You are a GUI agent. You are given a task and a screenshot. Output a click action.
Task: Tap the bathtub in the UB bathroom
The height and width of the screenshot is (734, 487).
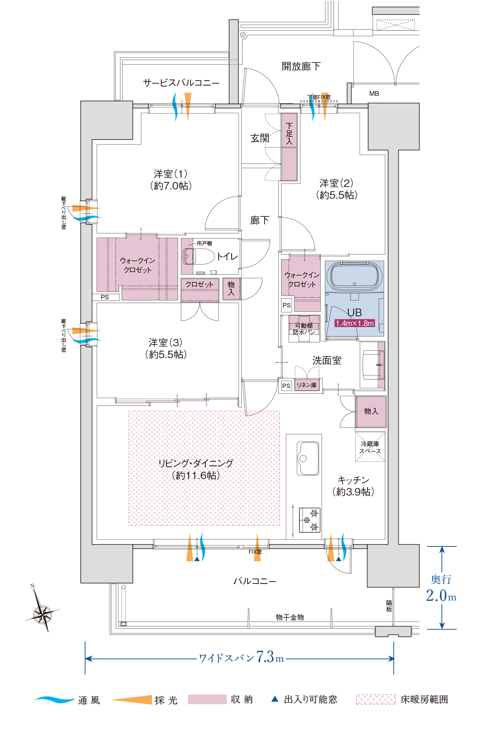(355, 277)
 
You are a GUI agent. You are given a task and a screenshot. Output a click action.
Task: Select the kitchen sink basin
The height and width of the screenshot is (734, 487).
(308, 458)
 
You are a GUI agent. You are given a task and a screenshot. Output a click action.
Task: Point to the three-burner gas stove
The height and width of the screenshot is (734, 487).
(309, 520)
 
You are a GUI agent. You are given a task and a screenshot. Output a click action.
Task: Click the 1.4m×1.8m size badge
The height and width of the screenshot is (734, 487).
(355, 323)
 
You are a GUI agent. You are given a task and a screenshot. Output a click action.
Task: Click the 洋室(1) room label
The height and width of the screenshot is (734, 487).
(171, 179)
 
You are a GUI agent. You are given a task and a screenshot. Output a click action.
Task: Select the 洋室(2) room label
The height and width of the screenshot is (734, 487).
(336, 189)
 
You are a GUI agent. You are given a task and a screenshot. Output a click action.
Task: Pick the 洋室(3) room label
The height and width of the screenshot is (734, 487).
(166, 349)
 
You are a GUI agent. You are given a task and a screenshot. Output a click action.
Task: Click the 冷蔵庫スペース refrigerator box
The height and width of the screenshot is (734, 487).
(370, 447)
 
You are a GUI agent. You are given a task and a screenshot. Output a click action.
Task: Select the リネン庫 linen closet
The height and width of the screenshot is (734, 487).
(306, 385)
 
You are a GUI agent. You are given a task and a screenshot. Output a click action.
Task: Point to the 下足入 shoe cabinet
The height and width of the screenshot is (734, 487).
(289, 147)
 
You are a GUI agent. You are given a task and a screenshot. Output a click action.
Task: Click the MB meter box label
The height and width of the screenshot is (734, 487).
(374, 94)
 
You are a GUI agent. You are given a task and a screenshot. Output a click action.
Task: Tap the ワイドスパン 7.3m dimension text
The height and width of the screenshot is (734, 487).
(241, 657)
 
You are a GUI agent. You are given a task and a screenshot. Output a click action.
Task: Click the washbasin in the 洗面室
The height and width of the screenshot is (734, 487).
(372, 364)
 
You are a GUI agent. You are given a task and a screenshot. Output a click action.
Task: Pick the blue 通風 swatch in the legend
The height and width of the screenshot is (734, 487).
(54, 699)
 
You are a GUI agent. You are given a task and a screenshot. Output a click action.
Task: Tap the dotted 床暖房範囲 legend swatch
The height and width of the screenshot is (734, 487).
(376, 699)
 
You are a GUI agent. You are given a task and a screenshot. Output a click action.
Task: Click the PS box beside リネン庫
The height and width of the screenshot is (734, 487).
(286, 385)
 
